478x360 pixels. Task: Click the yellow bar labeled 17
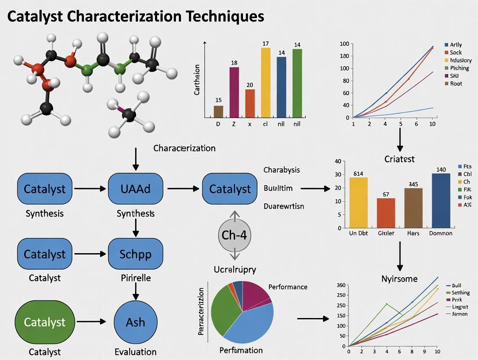265,82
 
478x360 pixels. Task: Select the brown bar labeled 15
219,112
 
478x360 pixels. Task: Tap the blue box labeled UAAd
136,189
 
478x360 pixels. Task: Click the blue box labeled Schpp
135,254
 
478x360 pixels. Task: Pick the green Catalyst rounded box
45,322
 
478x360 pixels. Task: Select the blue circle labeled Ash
135,322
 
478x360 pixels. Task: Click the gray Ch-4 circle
234,235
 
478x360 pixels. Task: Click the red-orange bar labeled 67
386,213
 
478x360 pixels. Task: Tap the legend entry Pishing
459,68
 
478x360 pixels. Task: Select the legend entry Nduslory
461,60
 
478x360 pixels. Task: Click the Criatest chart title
399,159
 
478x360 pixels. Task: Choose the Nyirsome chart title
400,279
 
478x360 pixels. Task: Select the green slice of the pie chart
223,308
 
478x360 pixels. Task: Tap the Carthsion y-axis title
197,80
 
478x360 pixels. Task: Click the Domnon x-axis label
440,233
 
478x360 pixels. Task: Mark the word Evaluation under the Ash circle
135,352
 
